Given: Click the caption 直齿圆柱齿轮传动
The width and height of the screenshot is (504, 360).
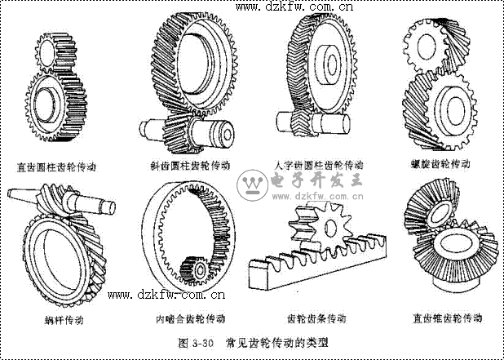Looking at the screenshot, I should click(56, 166).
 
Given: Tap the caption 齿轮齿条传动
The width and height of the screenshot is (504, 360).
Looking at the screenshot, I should click(316, 318).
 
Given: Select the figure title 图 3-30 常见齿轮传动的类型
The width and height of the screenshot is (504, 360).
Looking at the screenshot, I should click(252, 342).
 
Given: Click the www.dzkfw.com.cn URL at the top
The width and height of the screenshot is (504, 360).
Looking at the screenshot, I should click(294, 8).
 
